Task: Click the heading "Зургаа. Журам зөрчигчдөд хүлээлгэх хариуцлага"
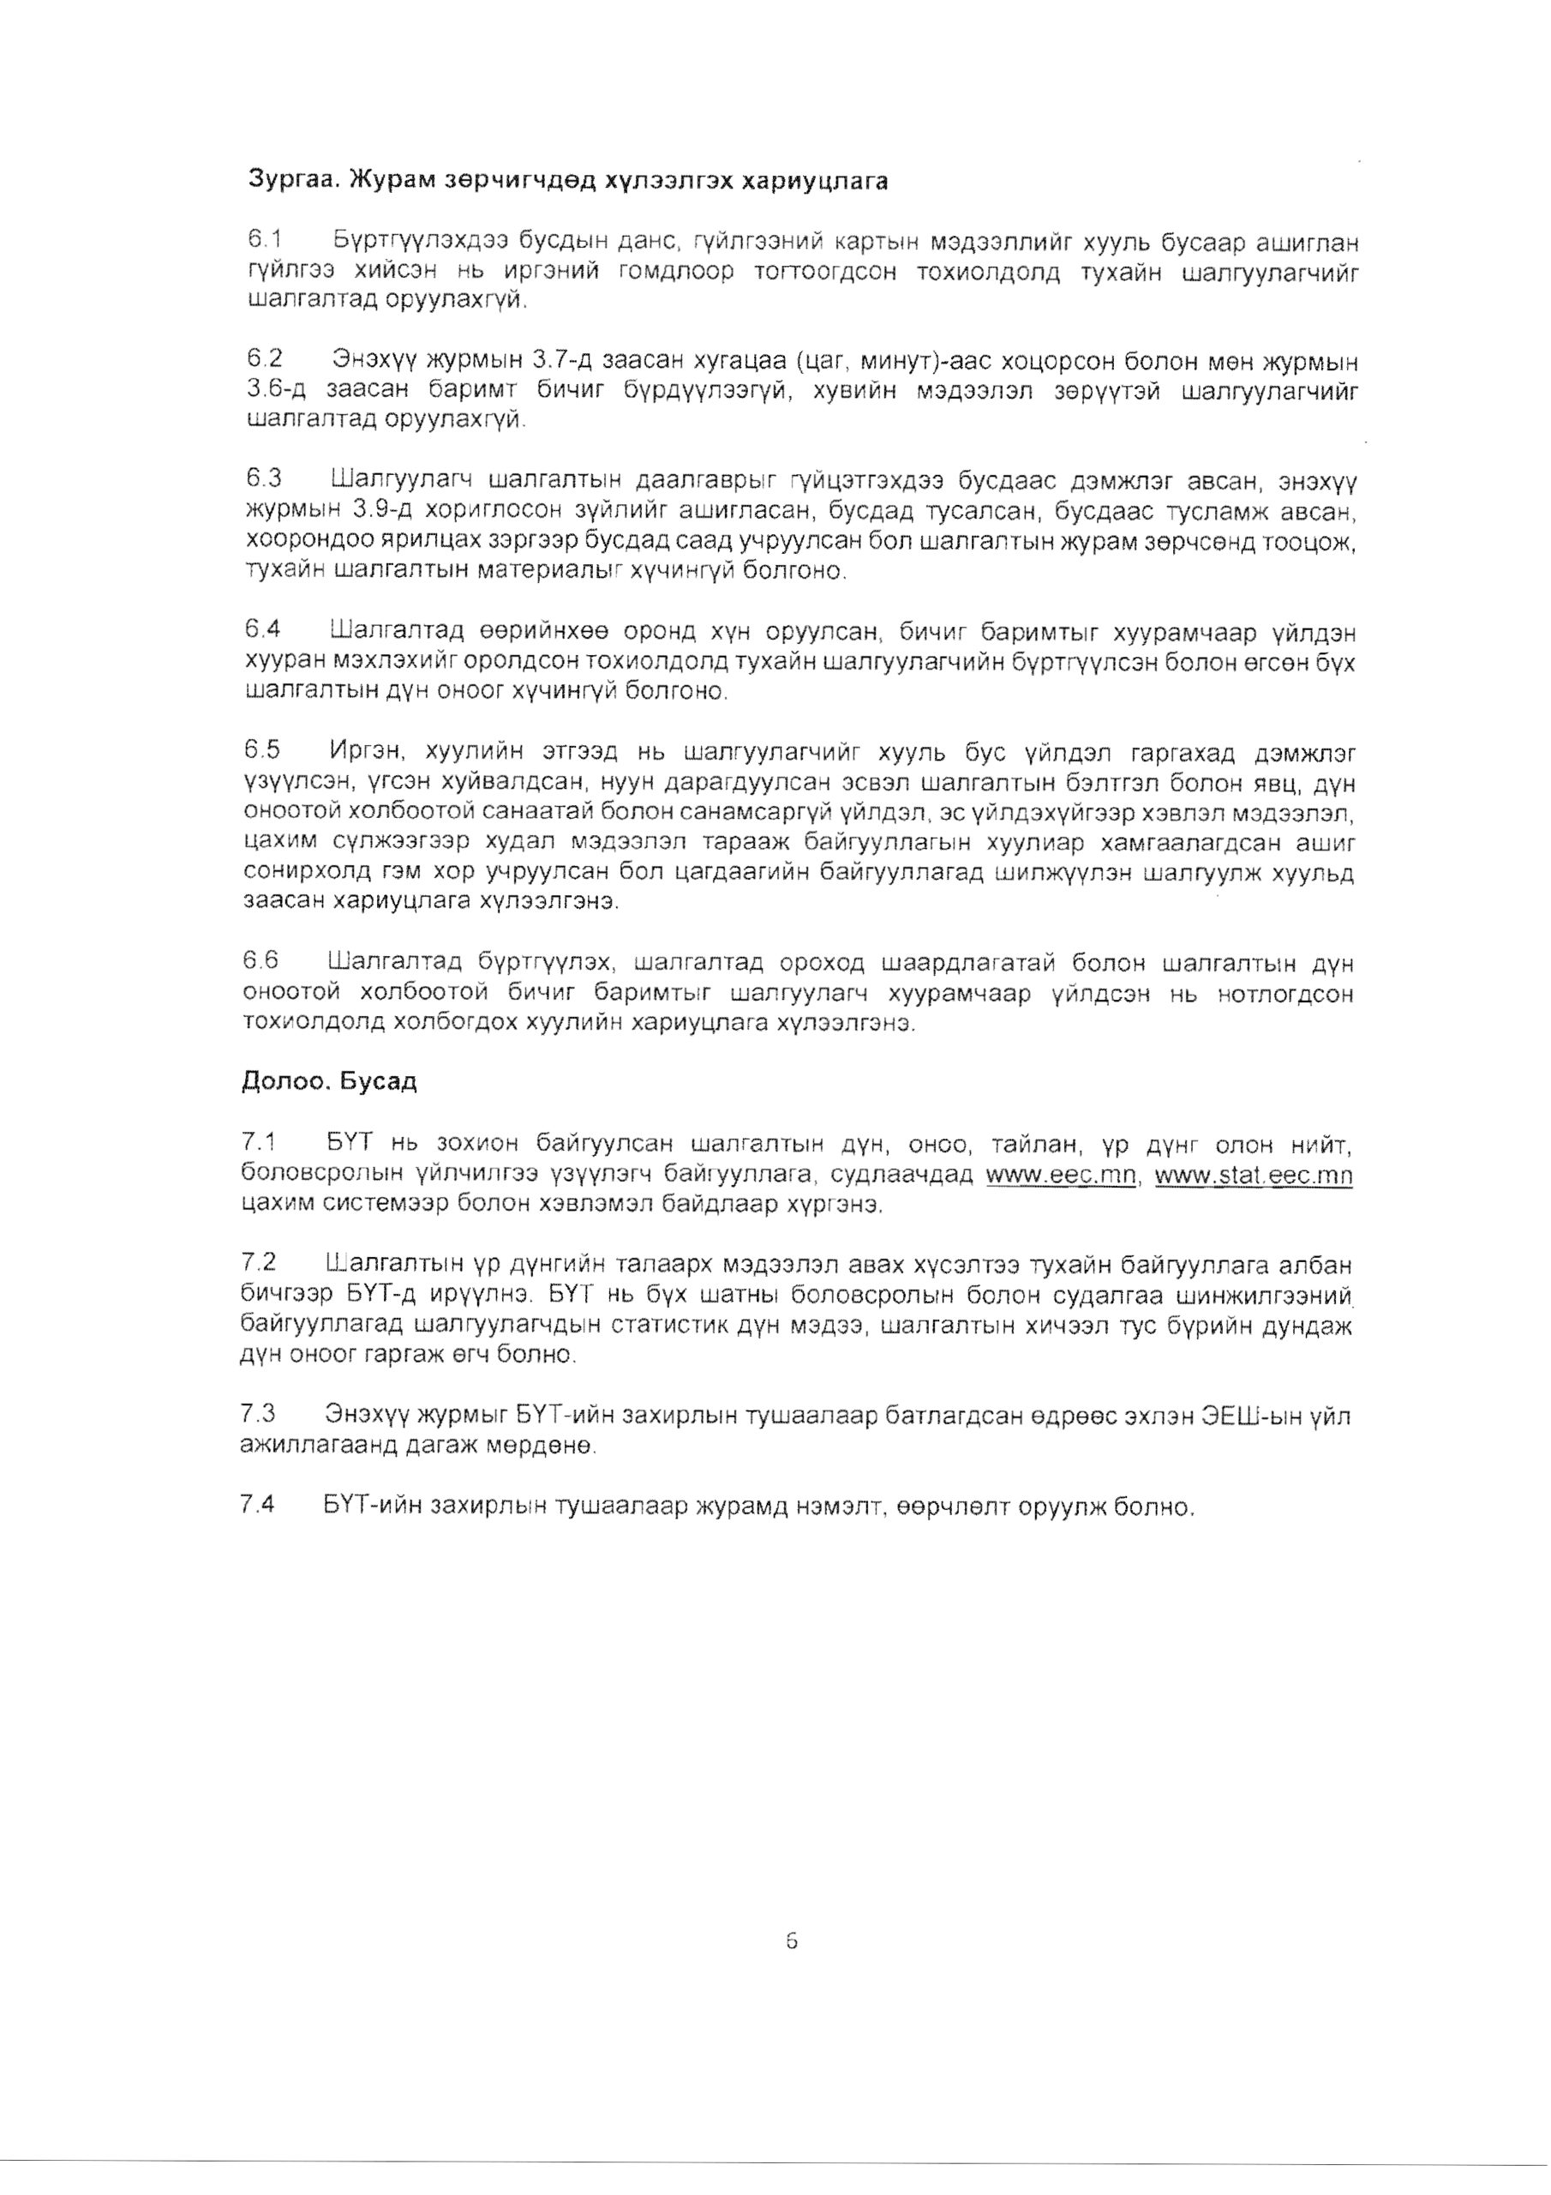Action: (567, 181)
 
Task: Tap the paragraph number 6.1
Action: (263, 238)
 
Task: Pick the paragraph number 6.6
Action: (260, 961)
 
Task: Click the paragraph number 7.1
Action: (259, 1141)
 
